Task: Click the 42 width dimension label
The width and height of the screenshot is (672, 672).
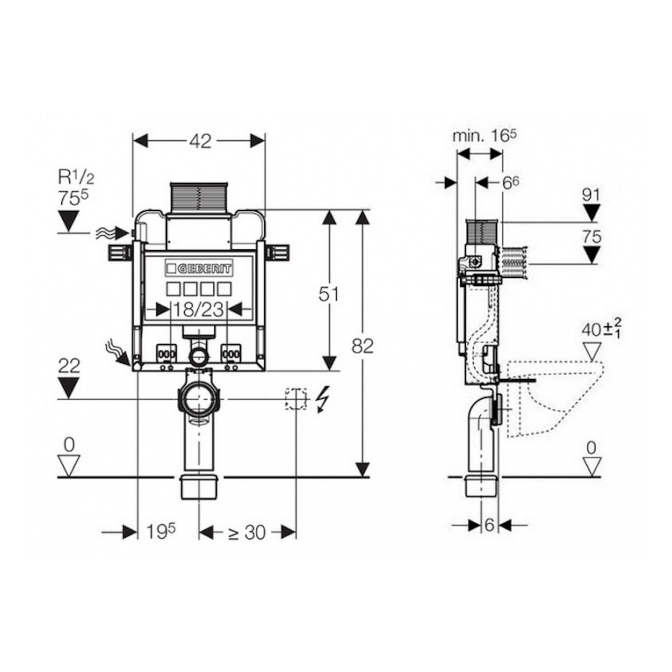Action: tap(200, 141)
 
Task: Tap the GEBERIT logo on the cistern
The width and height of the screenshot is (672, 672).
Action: tap(199, 269)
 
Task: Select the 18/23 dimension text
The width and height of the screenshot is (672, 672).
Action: tap(198, 309)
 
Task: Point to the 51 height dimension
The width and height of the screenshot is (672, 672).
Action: tap(328, 295)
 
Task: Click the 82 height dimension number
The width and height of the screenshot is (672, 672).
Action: tap(362, 346)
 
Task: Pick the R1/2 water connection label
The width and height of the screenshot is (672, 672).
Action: tap(76, 178)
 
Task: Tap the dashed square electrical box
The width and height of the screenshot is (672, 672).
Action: tap(296, 398)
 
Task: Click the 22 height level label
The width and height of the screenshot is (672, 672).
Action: tap(69, 366)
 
